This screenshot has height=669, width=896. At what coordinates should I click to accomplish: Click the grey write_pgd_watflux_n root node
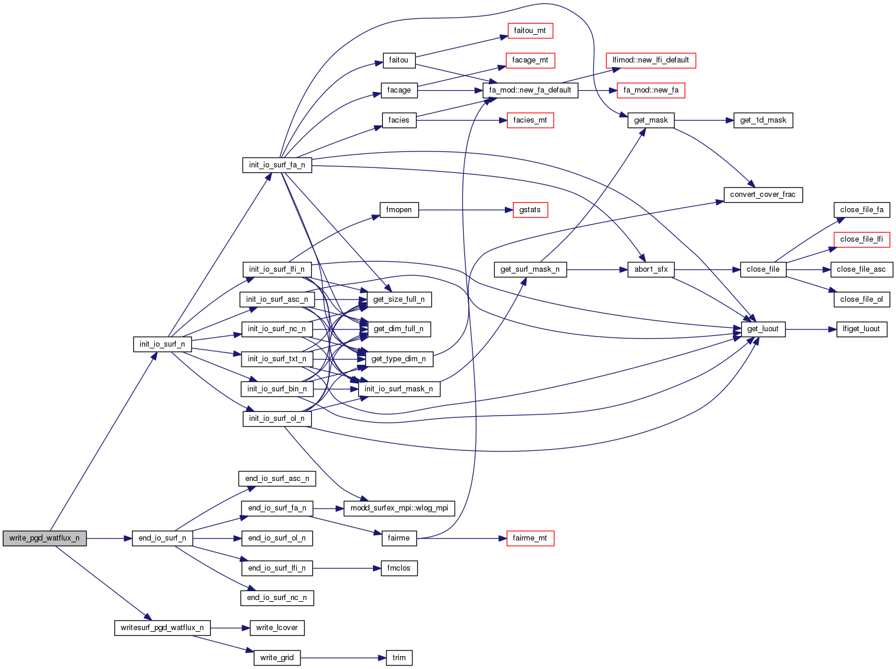[44, 538]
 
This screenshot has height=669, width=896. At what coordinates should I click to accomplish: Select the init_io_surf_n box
[162, 344]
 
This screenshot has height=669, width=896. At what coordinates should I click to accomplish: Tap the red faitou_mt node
[530, 31]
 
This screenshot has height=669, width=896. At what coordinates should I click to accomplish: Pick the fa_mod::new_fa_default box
[530, 90]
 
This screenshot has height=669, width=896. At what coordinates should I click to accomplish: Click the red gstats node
[530, 210]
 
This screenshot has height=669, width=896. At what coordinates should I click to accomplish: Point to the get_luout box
[762, 329]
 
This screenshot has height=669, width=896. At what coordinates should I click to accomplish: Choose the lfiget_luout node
[861, 329]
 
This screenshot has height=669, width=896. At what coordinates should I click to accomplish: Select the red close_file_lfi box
[861, 239]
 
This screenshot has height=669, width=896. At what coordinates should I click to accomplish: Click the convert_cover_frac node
[762, 195]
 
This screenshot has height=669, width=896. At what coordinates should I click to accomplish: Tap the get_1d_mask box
[763, 120]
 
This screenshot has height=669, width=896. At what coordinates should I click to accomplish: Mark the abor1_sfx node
[651, 269]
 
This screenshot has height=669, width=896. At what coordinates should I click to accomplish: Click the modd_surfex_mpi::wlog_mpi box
[399, 508]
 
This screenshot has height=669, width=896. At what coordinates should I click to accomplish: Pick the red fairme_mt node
[530, 538]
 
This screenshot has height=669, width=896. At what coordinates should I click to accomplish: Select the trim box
[399, 658]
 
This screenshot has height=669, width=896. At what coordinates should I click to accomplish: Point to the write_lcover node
[277, 628]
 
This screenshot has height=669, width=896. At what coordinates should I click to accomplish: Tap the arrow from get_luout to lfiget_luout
[811, 329]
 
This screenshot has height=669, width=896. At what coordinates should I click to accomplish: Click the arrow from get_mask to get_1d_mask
[703, 120]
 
